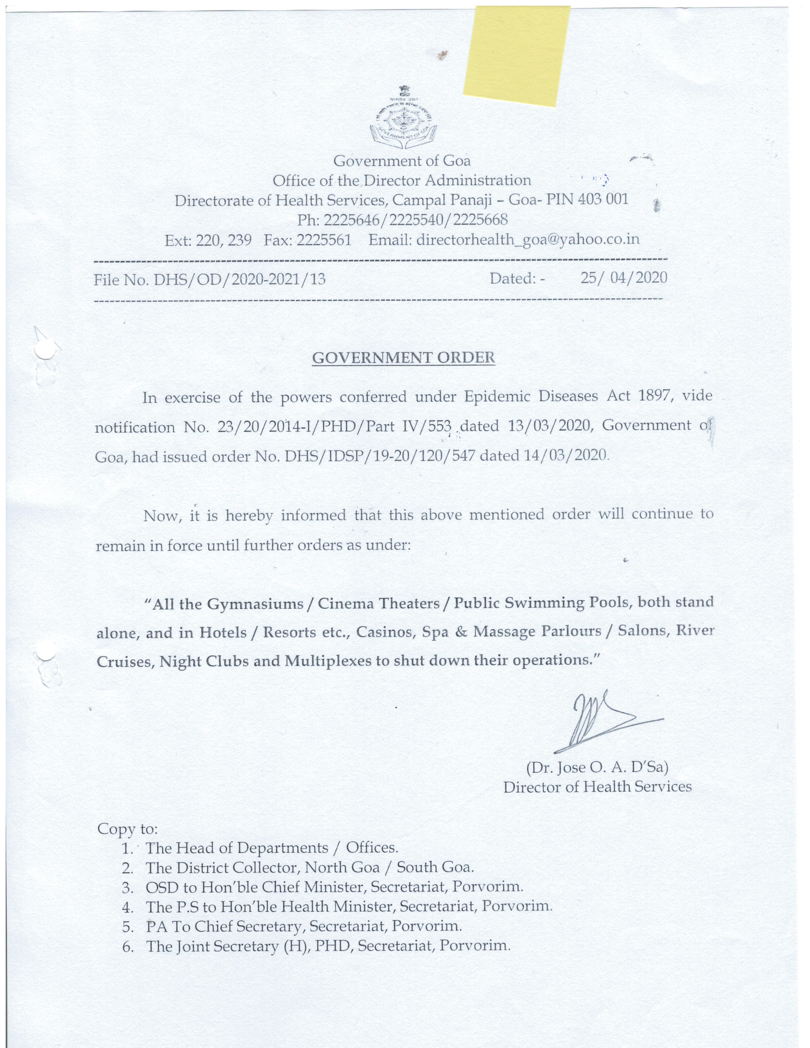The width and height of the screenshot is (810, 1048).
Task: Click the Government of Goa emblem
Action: (x=403, y=117)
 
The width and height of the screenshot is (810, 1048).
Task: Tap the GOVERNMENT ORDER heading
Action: (x=403, y=358)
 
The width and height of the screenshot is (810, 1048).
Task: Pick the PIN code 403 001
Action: (x=603, y=199)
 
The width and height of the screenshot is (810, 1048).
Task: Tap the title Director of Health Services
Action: (x=597, y=787)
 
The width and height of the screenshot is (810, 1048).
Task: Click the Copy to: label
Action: (x=127, y=828)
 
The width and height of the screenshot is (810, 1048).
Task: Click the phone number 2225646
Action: (x=352, y=220)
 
